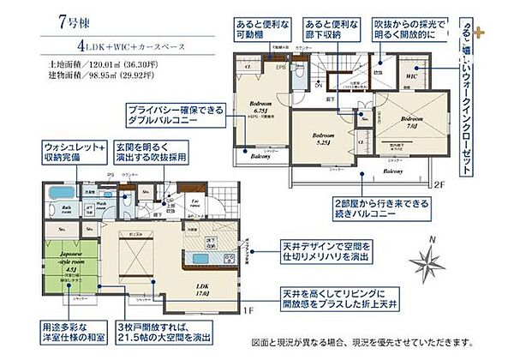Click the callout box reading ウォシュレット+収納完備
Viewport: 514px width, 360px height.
75,153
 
